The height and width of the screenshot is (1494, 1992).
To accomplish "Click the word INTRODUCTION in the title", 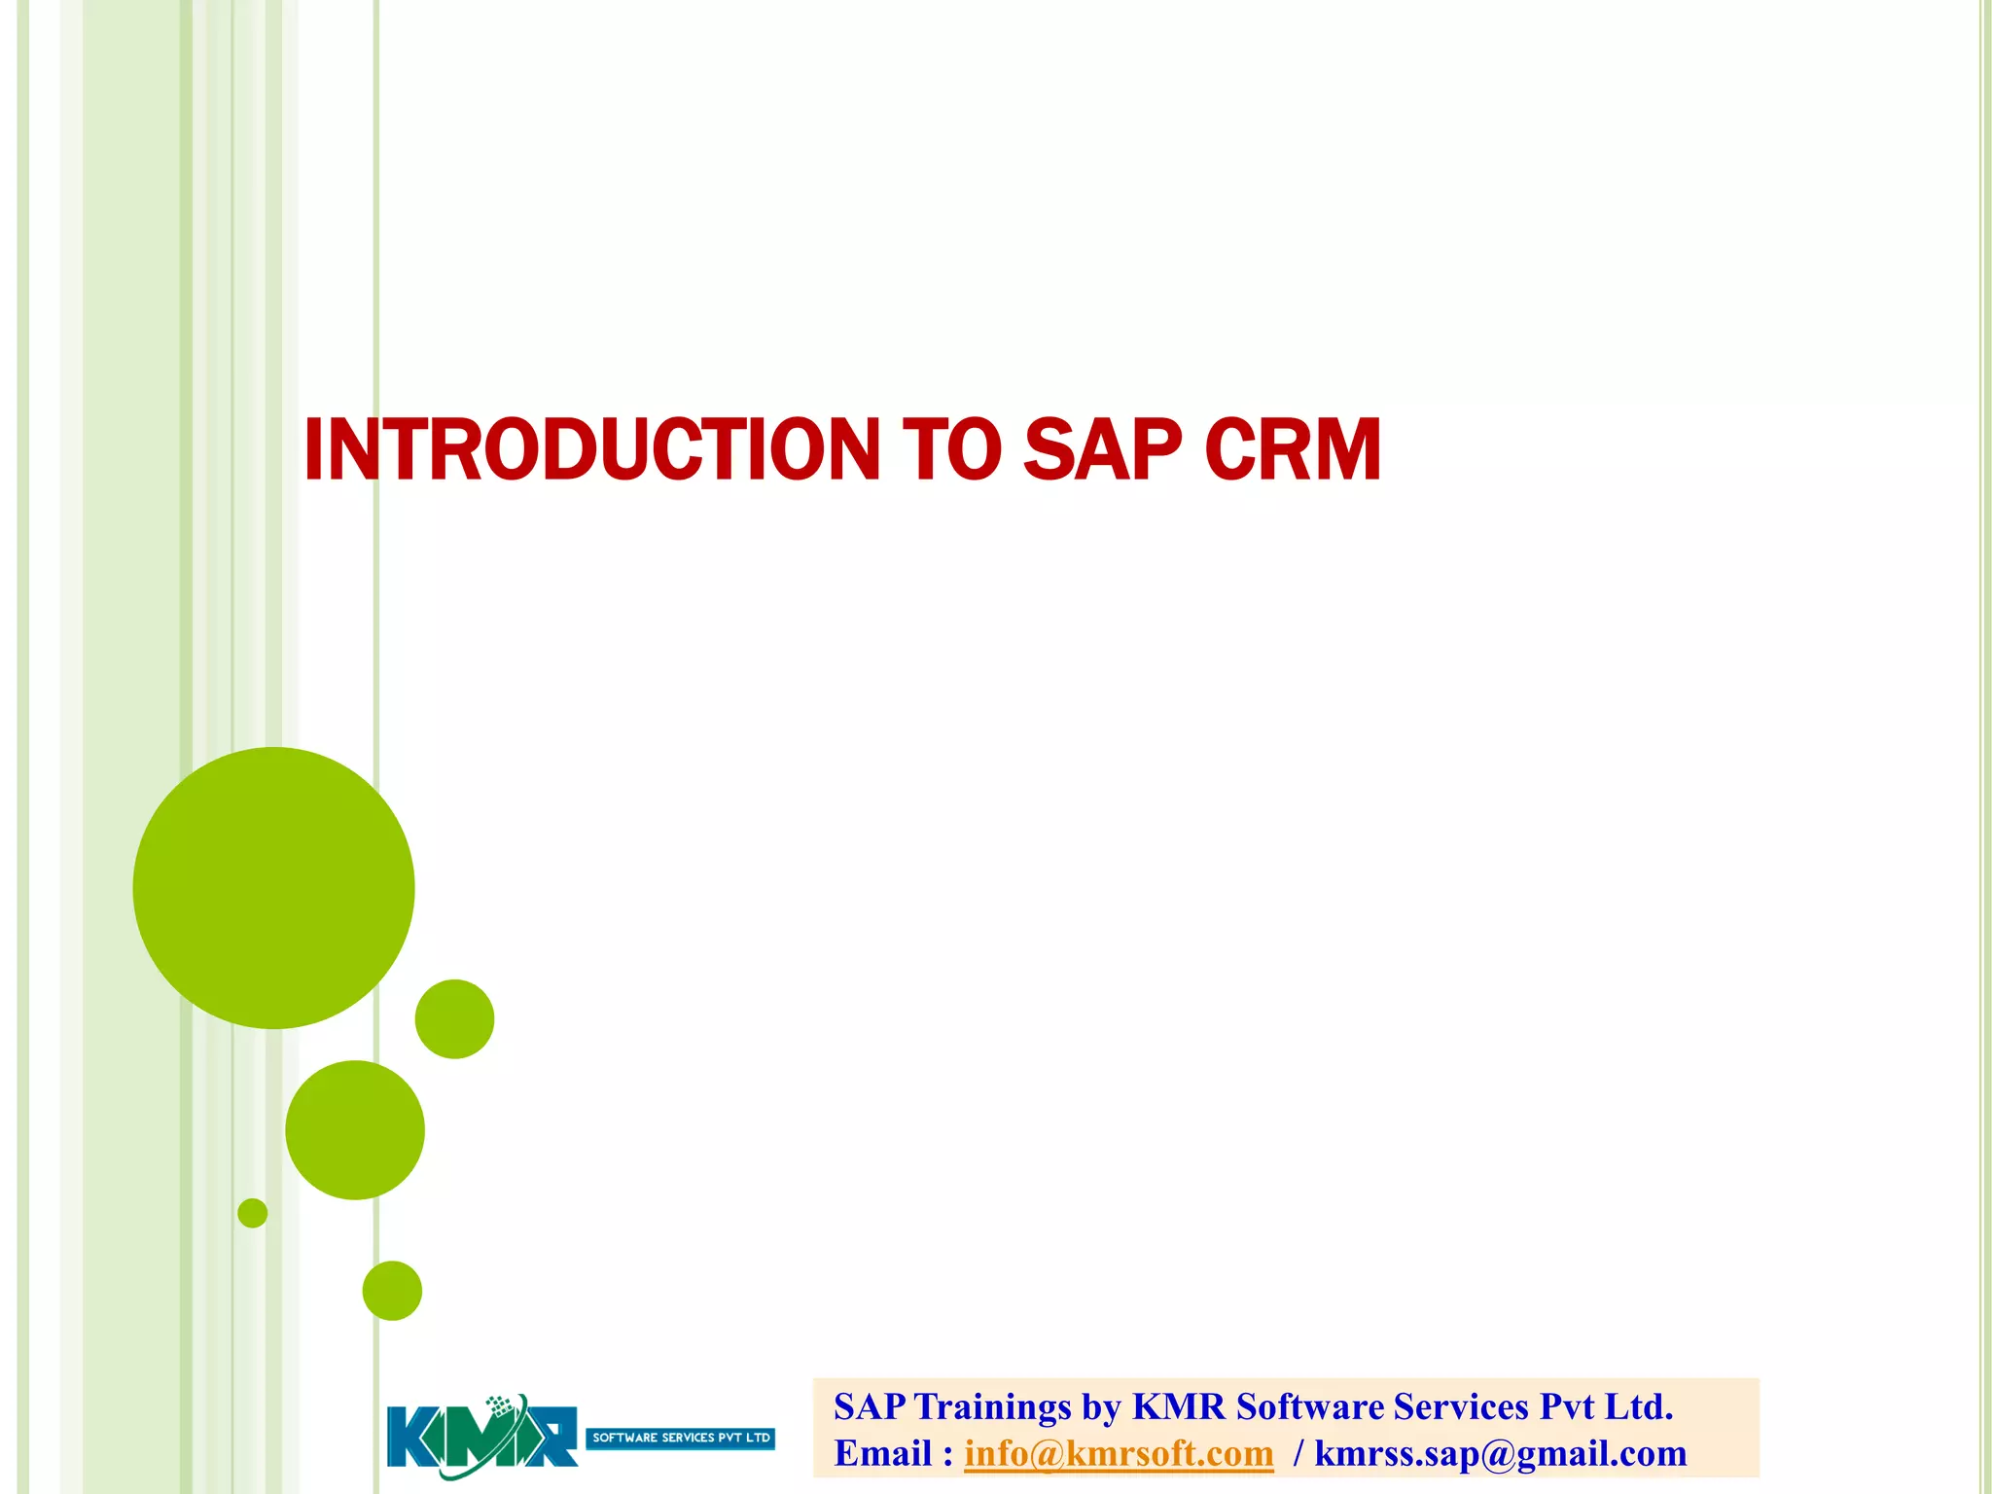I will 591,449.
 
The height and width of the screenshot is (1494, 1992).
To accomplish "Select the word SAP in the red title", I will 1102,449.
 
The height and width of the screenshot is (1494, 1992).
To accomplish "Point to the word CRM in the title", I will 1293,449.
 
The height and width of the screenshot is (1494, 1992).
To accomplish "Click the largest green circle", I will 273,887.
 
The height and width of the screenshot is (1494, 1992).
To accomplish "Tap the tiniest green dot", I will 252,1213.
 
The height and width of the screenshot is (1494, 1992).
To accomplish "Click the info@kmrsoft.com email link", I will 1119,1453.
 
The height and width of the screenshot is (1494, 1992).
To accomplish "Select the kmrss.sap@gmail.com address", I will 1500,1453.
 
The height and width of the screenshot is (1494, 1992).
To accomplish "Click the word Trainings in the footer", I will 992,1407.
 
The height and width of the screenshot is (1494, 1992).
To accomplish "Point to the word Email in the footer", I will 882,1453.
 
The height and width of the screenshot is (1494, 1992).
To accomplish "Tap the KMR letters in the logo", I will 481,1438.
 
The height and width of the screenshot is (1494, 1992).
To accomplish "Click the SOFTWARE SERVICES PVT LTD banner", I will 680,1438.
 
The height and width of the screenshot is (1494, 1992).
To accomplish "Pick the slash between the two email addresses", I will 1298,1453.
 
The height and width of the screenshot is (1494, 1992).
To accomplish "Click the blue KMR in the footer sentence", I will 1179,1407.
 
